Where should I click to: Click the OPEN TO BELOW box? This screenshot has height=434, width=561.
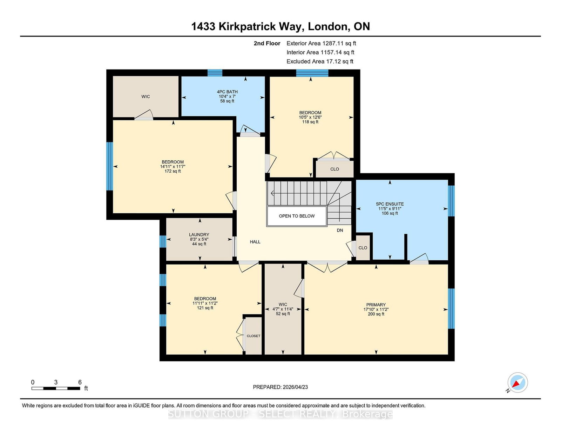pos(297,216)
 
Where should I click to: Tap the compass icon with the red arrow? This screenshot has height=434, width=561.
pos(518,382)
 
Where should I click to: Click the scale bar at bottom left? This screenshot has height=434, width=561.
pos(56,388)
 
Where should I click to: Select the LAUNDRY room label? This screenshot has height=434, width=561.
pos(199,235)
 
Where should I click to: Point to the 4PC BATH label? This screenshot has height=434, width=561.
pos(227,92)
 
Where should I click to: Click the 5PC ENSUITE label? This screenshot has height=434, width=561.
pos(390,204)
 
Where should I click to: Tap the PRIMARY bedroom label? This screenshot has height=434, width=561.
pos(376,305)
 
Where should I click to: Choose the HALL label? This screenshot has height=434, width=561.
pos(255,242)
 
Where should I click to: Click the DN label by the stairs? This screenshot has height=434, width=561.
pos(340,230)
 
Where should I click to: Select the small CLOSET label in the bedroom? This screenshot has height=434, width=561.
pos(254,336)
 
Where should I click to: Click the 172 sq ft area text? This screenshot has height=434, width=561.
pos(173,171)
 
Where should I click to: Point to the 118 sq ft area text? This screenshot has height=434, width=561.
pos(310,122)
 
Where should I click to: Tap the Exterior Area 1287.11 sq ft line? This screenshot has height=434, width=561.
pos(321,44)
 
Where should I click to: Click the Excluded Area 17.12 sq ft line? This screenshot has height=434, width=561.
pos(320,61)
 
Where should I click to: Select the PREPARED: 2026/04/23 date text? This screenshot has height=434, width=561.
pos(280,387)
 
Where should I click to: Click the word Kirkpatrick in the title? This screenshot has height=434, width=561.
pos(259,26)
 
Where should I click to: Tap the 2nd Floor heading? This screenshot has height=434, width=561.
pos(267,44)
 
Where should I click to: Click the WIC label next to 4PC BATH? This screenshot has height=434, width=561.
pos(146,96)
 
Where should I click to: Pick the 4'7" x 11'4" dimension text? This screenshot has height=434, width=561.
pos(283,309)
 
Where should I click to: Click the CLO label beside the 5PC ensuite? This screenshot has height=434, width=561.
pos(363,248)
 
